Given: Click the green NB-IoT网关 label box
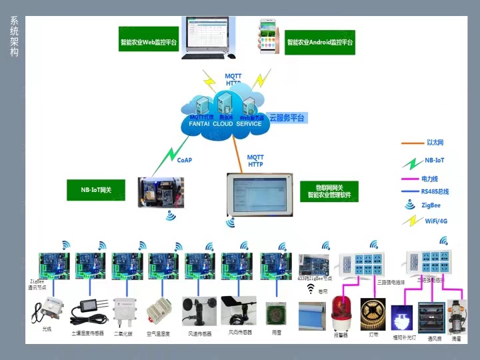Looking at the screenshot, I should click(96, 190).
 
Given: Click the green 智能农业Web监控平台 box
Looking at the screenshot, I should click(149, 42).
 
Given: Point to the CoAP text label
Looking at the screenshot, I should click(185, 160).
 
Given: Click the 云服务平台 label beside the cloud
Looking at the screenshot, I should click(287, 118).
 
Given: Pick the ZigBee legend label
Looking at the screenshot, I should click(431, 206).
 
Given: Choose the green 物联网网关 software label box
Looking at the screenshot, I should click(329, 191).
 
